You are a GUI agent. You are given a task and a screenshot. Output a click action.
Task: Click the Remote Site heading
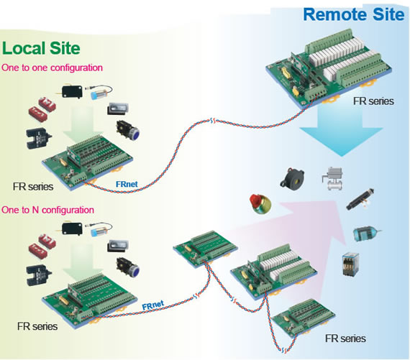[x=353, y=14]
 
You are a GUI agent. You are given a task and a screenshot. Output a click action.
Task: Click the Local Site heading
[x=41, y=48]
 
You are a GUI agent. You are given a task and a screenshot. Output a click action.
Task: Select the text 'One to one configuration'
[x=52, y=68]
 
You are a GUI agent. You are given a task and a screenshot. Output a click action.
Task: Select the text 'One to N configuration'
[x=47, y=210]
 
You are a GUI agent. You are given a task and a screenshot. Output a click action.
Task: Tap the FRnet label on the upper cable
[x=127, y=184]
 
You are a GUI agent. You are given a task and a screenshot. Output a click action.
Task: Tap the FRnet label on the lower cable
[x=153, y=305]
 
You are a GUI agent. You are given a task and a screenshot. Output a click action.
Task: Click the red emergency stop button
[x=260, y=203]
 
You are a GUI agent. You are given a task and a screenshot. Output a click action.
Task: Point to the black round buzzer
[x=292, y=177]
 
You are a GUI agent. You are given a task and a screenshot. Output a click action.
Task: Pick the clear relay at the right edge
[x=350, y=264]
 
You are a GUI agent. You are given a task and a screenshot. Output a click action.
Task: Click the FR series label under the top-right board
[x=373, y=101]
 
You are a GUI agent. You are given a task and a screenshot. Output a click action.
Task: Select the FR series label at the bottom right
[x=345, y=338]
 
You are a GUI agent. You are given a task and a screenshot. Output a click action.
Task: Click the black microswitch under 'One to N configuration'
[x=70, y=229]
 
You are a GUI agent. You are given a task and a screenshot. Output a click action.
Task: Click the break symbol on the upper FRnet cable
[x=212, y=121]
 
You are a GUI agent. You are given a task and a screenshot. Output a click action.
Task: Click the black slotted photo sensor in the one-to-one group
[x=39, y=138]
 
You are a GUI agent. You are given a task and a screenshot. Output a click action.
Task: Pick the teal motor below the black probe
[x=365, y=234]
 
